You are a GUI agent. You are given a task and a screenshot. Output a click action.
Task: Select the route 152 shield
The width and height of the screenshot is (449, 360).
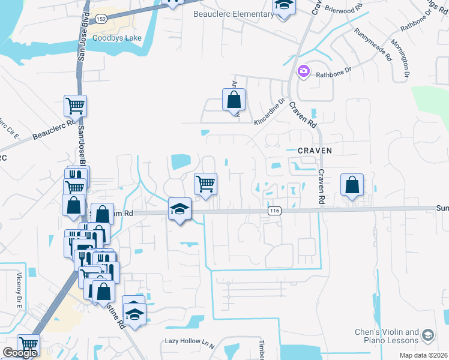pyautogui.click(x=101, y=19)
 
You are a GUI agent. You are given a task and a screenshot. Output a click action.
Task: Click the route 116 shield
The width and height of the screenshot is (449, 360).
pyautogui.click(x=275, y=211)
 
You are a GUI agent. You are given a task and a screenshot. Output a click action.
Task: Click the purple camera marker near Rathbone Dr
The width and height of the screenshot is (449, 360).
pyautogui.click(x=304, y=72)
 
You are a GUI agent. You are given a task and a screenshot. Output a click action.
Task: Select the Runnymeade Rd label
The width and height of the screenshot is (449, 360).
pyautogui.click(x=373, y=45)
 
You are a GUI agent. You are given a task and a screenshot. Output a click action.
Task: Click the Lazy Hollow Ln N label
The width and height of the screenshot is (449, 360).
pyautogui.click(x=190, y=341)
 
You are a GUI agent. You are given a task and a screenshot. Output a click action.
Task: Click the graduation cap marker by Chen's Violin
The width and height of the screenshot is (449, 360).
pyautogui.click(x=428, y=335)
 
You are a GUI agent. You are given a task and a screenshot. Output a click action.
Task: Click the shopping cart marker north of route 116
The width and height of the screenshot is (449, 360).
pyautogui.click(x=205, y=183)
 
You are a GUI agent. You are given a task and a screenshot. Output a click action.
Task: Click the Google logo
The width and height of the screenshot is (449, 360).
pyautogui.click(x=20, y=353)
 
